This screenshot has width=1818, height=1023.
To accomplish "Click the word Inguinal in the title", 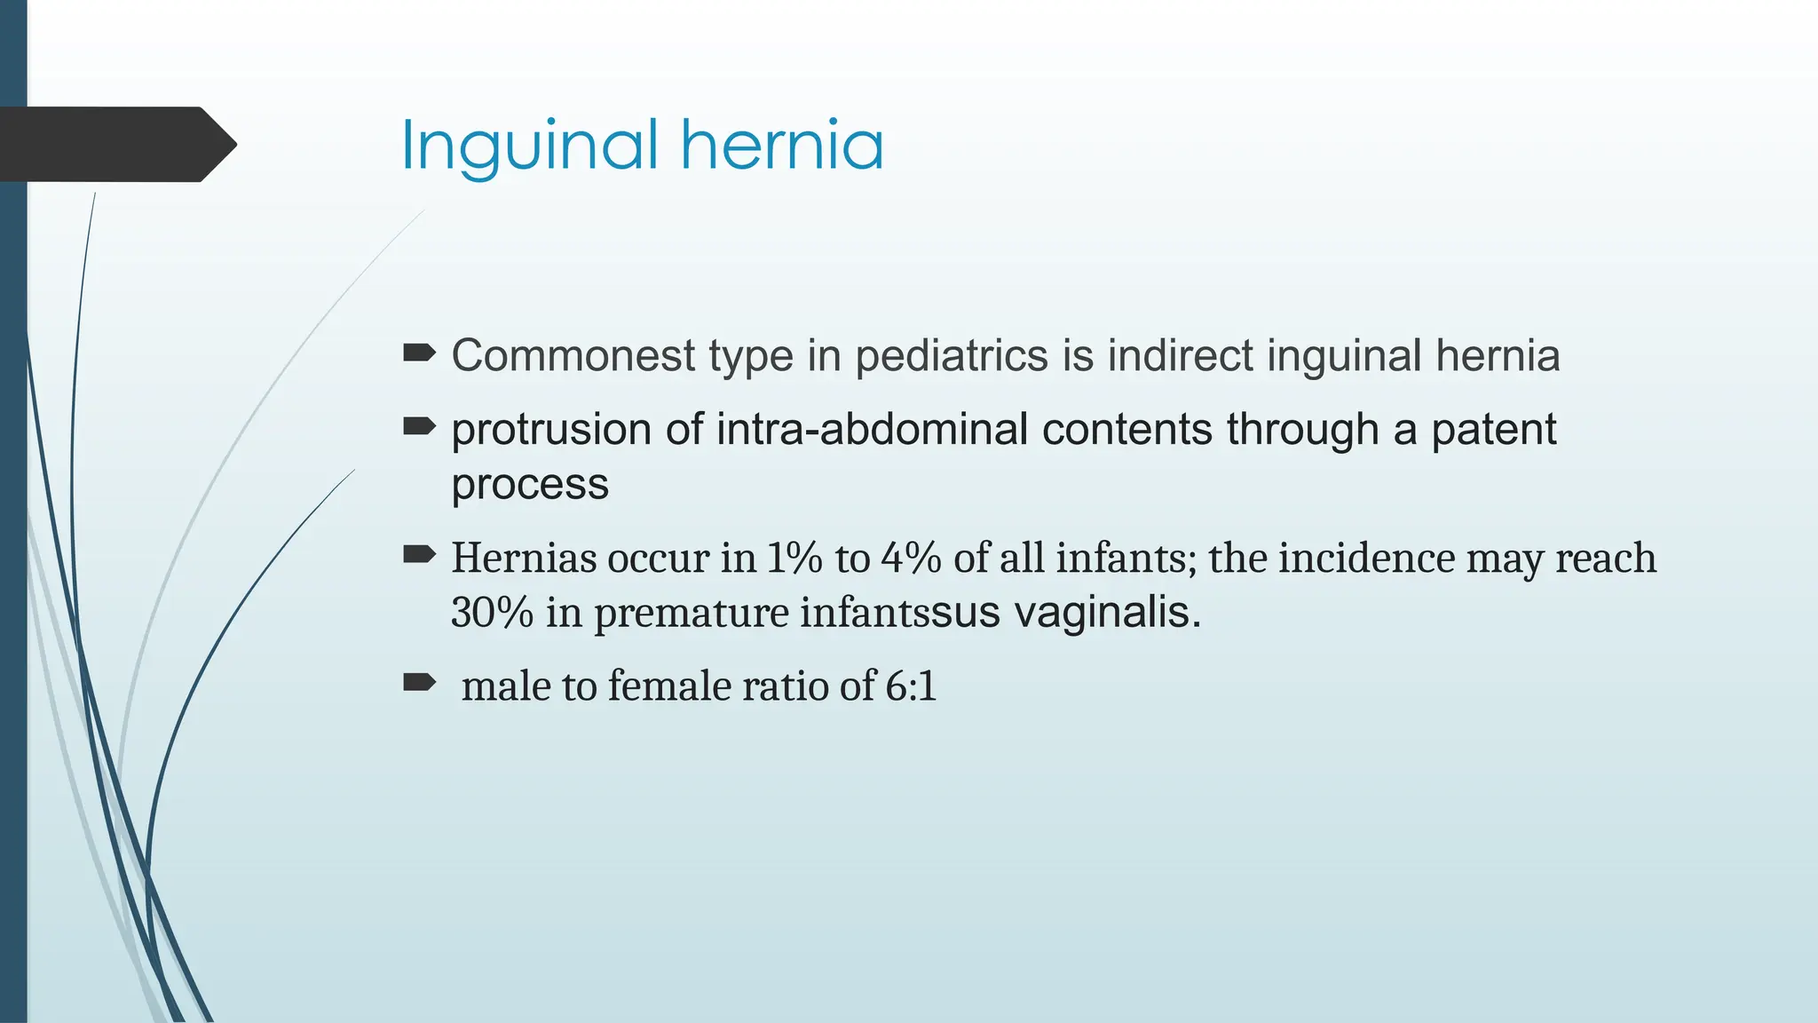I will pos(529,147).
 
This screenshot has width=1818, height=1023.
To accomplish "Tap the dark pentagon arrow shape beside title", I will pos(115,144).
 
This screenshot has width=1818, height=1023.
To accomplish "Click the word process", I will pos(530,486).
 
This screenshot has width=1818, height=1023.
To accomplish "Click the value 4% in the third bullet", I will pos(911,559).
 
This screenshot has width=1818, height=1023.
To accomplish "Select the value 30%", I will pos(492,613).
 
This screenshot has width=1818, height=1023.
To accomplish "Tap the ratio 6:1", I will pos(911,686).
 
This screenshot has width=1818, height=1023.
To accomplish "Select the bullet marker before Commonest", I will pos(419,354).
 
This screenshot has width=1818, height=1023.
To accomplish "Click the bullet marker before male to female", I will pos(419,682).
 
